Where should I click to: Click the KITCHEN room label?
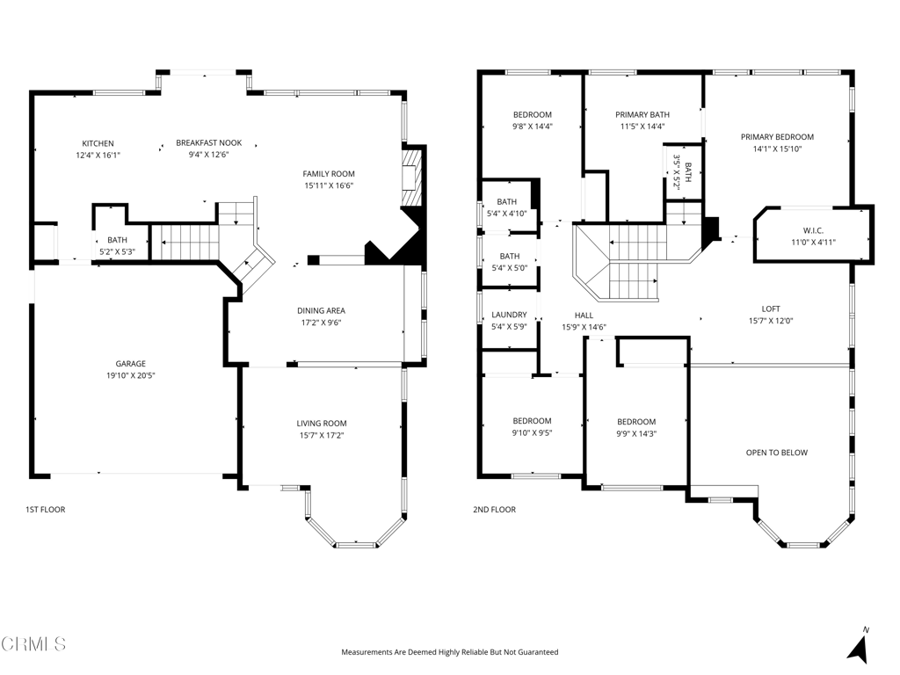click(x=98, y=143)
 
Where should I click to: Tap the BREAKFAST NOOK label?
click(x=209, y=143)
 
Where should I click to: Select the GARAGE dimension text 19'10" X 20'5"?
click(x=130, y=375)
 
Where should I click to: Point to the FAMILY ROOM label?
click(x=329, y=174)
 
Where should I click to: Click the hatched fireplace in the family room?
click(x=411, y=178)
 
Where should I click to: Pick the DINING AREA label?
click(x=321, y=310)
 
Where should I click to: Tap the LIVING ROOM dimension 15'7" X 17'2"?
click(x=322, y=435)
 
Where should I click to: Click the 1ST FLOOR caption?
click(x=46, y=509)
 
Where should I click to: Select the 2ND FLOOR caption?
click(x=494, y=509)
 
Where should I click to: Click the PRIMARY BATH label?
click(x=642, y=115)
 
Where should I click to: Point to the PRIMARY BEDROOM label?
click(x=777, y=137)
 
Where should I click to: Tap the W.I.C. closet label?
click(x=813, y=231)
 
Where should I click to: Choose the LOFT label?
click(x=771, y=308)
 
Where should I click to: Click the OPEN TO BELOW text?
click(x=777, y=453)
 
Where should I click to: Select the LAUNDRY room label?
click(x=509, y=316)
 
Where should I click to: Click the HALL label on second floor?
click(x=584, y=316)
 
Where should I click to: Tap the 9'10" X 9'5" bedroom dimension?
click(x=532, y=432)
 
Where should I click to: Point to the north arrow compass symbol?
click(x=859, y=646)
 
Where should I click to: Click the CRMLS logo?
click(x=34, y=643)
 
